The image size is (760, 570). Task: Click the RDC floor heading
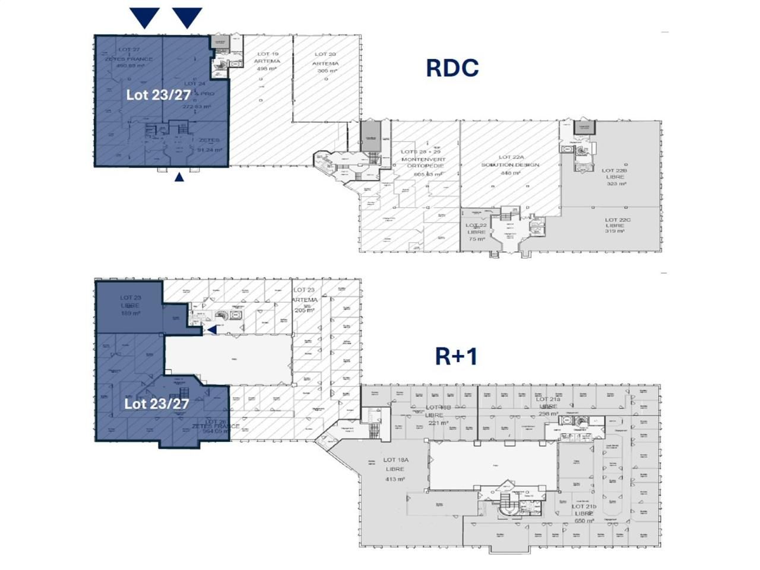(452, 68)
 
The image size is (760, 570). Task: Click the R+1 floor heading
(456, 356)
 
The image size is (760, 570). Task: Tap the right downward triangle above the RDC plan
(188, 18)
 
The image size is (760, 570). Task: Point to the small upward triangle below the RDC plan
(179, 176)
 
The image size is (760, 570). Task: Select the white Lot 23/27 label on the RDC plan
(158, 94)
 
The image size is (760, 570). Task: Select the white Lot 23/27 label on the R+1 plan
(157, 404)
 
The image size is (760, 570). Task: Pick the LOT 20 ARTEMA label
(325, 62)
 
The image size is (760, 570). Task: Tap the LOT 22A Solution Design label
(510, 164)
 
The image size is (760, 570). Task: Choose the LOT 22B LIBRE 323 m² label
(616, 177)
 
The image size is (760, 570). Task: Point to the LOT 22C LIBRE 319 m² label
(615, 226)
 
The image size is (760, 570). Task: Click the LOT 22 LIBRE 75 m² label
(476, 232)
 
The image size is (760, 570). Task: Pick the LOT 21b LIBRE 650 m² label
(584, 514)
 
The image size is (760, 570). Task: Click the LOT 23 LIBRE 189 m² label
(130, 305)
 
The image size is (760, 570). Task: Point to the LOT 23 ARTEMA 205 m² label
(305, 300)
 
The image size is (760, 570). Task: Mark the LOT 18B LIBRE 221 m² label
(438, 415)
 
